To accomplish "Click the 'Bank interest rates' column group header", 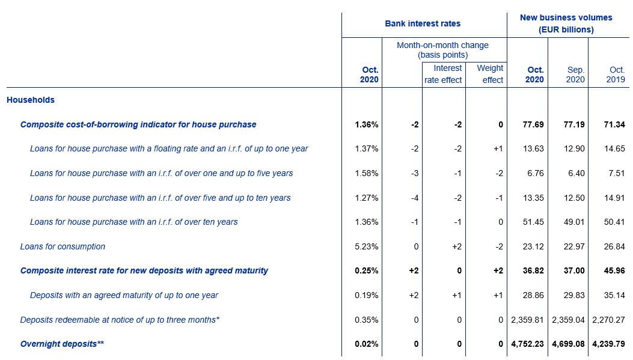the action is pyautogui.click(x=423, y=24).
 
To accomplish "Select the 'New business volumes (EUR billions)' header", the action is pyautogui.click(x=566, y=23).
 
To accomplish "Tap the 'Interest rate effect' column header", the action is pyautogui.click(x=443, y=74).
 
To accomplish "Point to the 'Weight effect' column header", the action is pyautogui.click(x=490, y=74).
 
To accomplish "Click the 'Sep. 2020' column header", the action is pyautogui.click(x=575, y=75).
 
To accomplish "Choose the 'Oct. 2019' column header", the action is pyautogui.click(x=616, y=75).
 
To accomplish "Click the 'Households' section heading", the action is pyautogui.click(x=31, y=100).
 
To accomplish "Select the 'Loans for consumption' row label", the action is pyautogui.click(x=63, y=246).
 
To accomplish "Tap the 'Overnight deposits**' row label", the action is pyautogui.click(x=62, y=344).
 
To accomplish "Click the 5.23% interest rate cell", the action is pyautogui.click(x=367, y=246).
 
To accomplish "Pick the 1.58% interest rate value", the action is pyautogui.click(x=367, y=174).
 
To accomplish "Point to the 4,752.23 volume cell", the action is pyautogui.click(x=527, y=344).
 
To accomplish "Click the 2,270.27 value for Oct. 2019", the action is pyautogui.click(x=608, y=320).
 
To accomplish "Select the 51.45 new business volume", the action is pyautogui.click(x=533, y=222).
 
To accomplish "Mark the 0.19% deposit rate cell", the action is pyautogui.click(x=367, y=296).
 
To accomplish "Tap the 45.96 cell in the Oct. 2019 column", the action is pyautogui.click(x=614, y=271).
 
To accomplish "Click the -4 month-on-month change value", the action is pyautogui.click(x=415, y=198).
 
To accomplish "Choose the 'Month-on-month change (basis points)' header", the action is pyautogui.click(x=442, y=50).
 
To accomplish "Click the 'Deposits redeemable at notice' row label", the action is pyautogui.click(x=120, y=320).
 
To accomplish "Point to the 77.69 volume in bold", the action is pyautogui.click(x=533, y=125).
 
